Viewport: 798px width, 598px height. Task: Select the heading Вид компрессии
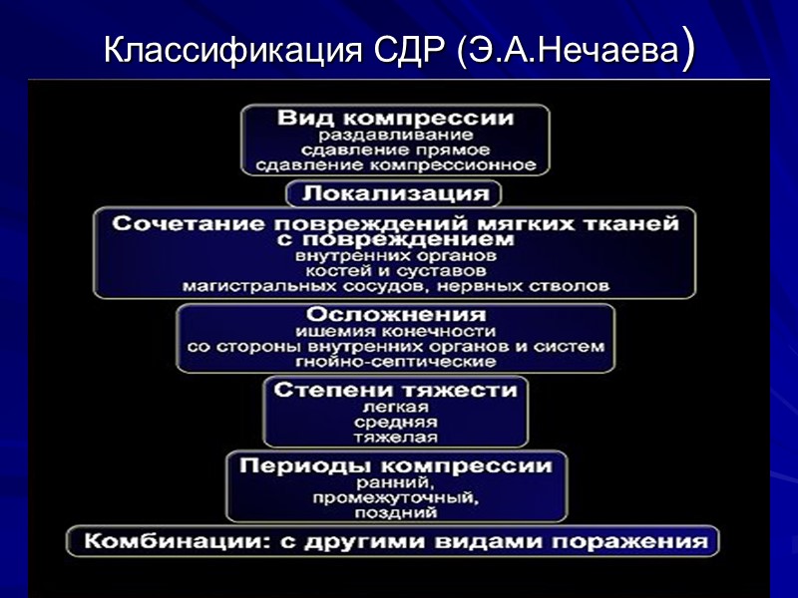(x=395, y=118)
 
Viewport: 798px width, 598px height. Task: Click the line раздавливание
(x=395, y=135)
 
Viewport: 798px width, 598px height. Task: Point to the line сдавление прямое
(x=395, y=149)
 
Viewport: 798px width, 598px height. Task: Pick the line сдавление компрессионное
(x=395, y=164)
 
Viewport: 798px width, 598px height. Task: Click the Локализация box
(x=395, y=192)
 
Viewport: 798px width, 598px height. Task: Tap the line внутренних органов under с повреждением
(x=395, y=255)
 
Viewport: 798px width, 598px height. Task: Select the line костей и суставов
(x=395, y=270)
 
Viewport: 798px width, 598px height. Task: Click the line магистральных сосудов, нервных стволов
(x=395, y=286)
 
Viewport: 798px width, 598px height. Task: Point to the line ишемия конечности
(x=395, y=331)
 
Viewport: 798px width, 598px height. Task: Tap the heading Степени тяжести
(x=395, y=390)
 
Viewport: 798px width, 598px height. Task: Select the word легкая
(x=395, y=407)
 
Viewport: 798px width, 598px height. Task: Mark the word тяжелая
(x=395, y=437)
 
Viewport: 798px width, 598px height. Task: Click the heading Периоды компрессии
(x=395, y=465)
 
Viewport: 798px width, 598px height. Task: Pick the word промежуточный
(x=395, y=497)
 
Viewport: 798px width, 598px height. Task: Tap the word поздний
(x=395, y=513)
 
